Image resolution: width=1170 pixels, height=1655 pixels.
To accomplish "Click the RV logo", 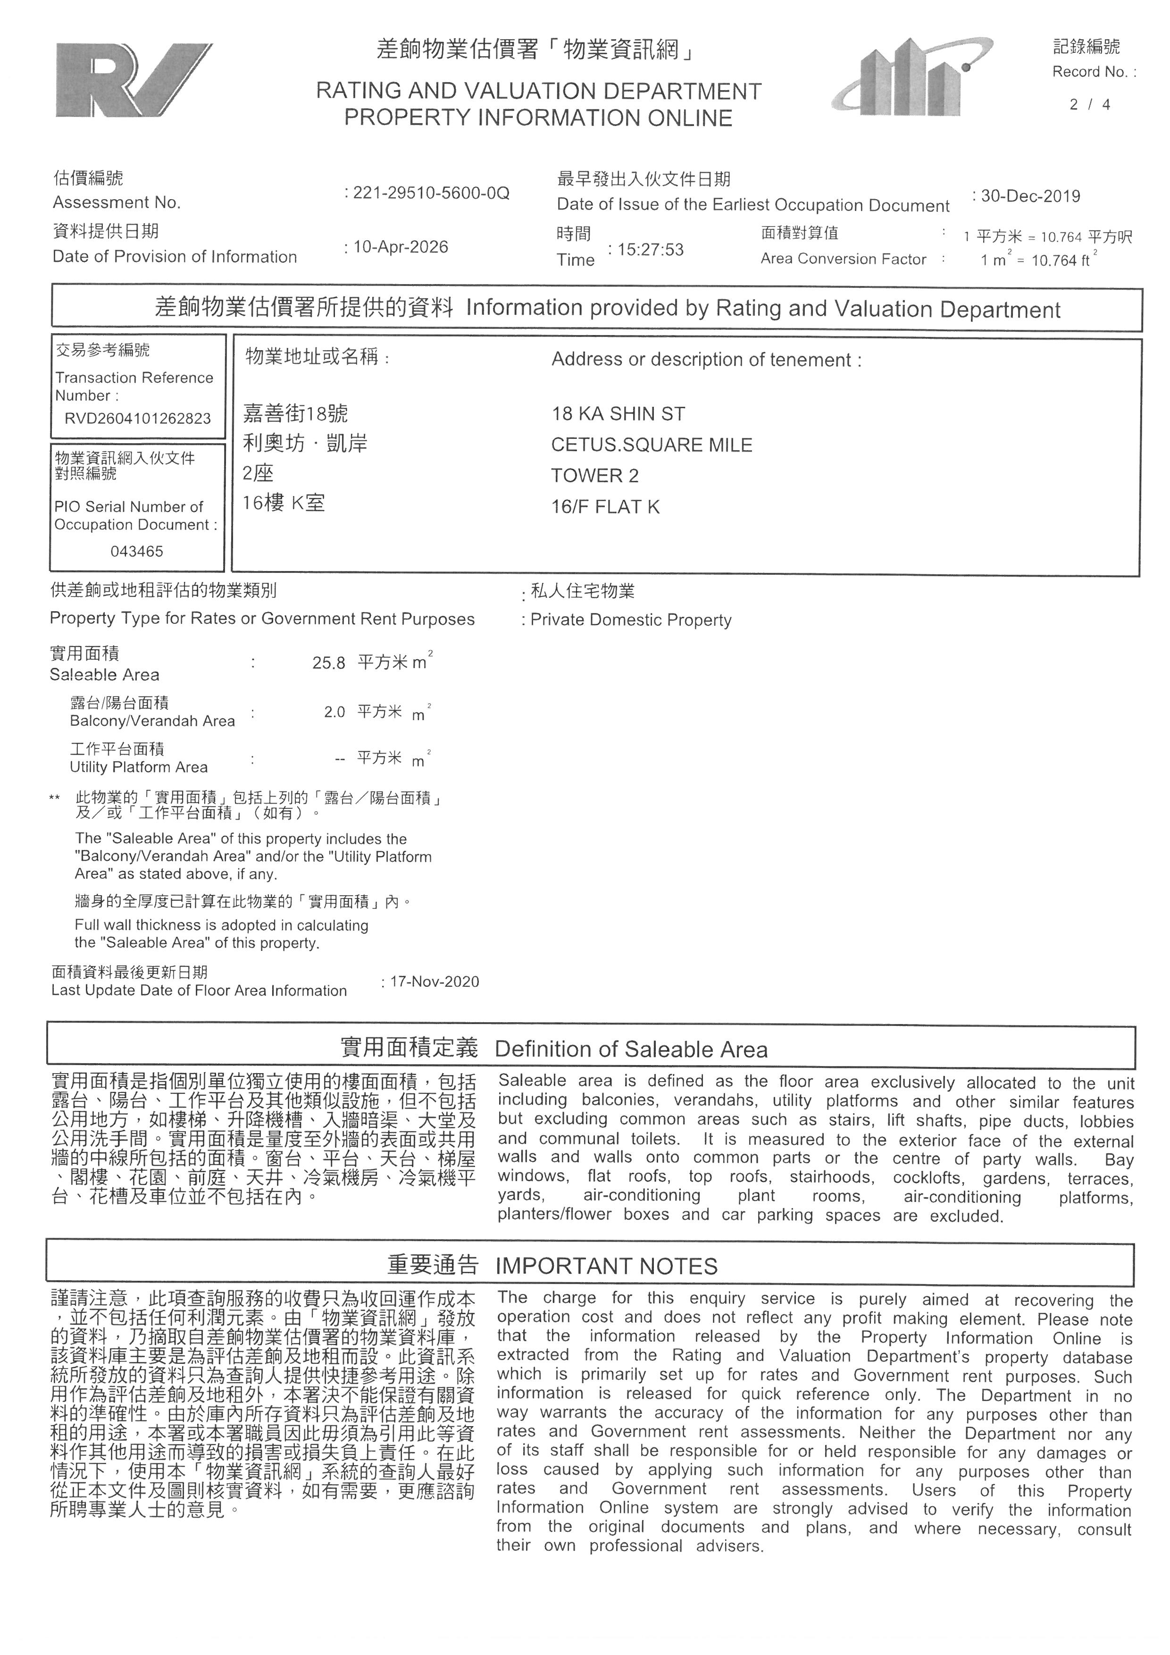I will coord(134,80).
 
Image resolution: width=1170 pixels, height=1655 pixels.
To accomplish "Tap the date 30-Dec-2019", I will coord(1030,196).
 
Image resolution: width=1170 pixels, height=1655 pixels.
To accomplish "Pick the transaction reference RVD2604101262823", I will coord(138,419).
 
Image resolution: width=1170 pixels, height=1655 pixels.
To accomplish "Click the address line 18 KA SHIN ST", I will coord(618,414).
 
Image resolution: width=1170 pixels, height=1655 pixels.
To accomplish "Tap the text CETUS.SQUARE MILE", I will coord(651,445).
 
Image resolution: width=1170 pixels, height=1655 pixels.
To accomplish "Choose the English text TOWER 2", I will coord(594,476).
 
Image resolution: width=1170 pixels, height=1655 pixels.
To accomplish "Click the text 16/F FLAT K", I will coord(605,507).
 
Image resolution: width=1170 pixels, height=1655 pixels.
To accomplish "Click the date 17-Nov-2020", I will coord(435,982).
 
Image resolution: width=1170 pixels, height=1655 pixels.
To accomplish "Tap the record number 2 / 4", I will coord(1089,104).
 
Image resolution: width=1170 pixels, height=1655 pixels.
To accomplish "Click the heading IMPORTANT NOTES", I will coord(607,1267).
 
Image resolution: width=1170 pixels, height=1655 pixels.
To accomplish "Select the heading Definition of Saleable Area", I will coord(631,1050).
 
